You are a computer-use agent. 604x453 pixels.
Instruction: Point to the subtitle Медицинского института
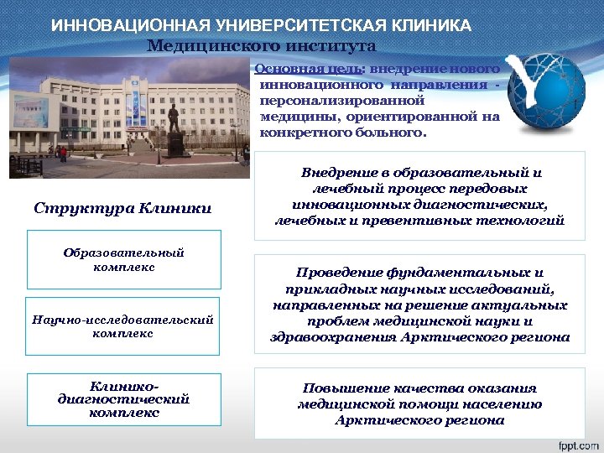pos(261,46)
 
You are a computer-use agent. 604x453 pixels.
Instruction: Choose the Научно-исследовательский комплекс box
pos(122,325)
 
